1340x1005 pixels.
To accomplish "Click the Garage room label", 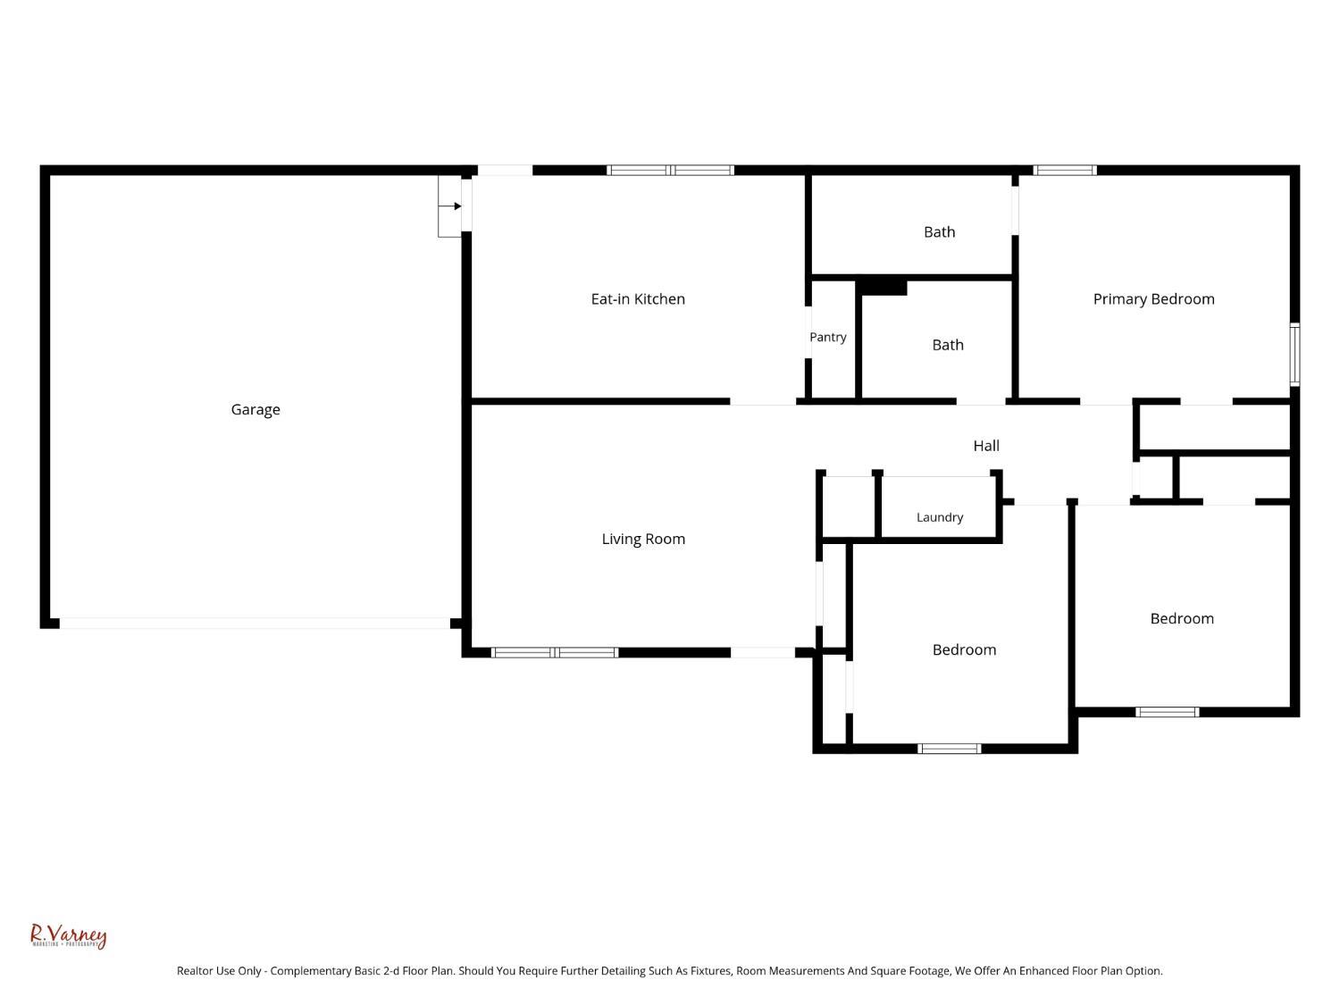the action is [255, 410].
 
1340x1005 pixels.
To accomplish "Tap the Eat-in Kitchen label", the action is [637, 299].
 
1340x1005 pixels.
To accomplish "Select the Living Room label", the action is [643, 540].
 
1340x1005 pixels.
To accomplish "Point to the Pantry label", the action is [827, 338].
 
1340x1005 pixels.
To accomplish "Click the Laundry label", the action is [939, 517].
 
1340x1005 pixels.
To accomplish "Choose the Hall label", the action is [986, 446].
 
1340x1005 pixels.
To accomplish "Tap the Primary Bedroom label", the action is [1153, 299].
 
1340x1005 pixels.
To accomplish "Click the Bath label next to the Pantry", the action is [948, 346].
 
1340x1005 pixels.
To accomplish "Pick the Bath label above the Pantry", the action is [939, 232].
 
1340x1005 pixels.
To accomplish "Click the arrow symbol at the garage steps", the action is [450, 206].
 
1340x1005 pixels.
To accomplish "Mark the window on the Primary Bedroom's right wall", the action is [1294, 355].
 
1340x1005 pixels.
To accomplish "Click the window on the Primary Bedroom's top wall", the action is [1064, 171].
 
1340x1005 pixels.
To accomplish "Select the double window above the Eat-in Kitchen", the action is [670, 171].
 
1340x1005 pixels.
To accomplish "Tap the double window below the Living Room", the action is [555, 652].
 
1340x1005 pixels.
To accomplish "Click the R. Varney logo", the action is [69, 935].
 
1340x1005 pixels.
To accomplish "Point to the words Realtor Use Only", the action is [219, 971].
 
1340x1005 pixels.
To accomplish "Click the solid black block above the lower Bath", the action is [881, 288].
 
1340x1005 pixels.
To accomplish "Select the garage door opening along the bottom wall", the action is [255, 623].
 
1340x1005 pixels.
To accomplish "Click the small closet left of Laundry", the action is [849, 507].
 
